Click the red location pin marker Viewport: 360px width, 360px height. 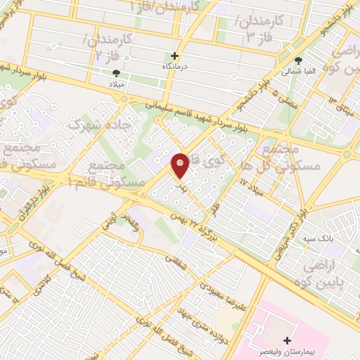point(180,165)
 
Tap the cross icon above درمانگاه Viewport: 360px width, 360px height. point(175,55)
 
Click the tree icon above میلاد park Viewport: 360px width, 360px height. point(116,72)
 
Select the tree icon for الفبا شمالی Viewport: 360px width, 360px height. point(299,60)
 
